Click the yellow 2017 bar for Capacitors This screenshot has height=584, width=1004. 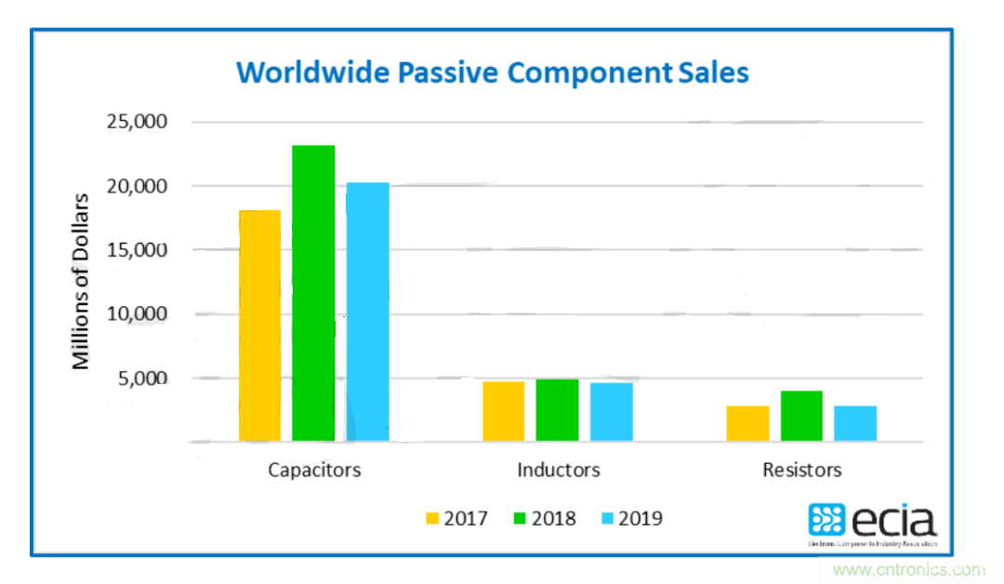259,325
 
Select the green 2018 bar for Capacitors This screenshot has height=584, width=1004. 313,293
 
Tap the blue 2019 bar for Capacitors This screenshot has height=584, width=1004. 367,312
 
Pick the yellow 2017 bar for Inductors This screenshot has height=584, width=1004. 503,411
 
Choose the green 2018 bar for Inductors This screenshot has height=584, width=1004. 557,410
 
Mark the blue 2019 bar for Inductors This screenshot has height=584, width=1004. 611,412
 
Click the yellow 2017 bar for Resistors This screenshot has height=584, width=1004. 747,423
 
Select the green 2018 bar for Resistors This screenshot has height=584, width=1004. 801,416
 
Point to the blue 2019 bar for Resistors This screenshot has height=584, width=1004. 855,423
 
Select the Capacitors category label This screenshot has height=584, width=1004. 314,470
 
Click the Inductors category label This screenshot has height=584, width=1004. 558,470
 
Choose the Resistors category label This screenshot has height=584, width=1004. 801,470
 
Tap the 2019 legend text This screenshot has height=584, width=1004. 640,518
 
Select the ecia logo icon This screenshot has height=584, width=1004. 826,520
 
